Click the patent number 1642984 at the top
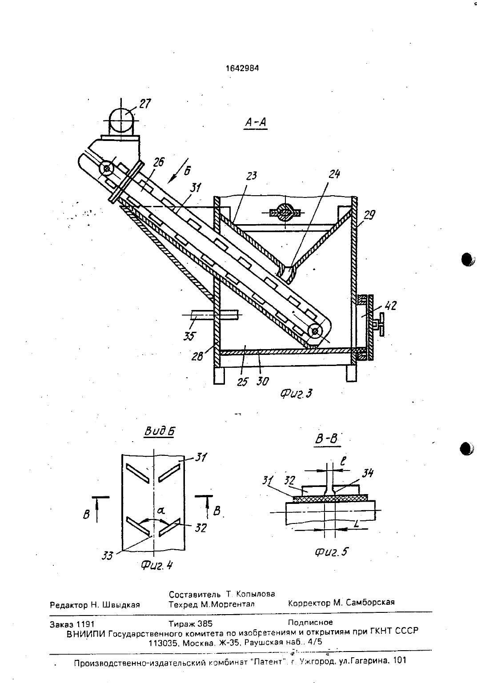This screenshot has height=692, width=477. (x=242, y=68)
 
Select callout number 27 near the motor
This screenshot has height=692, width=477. (x=145, y=104)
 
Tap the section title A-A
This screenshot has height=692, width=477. (x=256, y=123)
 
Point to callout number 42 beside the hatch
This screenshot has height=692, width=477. (x=391, y=306)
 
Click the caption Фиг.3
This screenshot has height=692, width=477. (x=296, y=393)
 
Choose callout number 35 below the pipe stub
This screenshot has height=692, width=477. (x=189, y=336)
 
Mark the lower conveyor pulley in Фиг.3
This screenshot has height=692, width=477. (x=315, y=331)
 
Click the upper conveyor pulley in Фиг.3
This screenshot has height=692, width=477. (x=107, y=169)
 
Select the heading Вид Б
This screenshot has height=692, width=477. (x=159, y=431)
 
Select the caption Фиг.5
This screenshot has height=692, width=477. (x=331, y=551)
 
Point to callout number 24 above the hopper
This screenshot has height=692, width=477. (x=334, y=174)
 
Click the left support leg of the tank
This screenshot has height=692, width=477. (x=219, y=375)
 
